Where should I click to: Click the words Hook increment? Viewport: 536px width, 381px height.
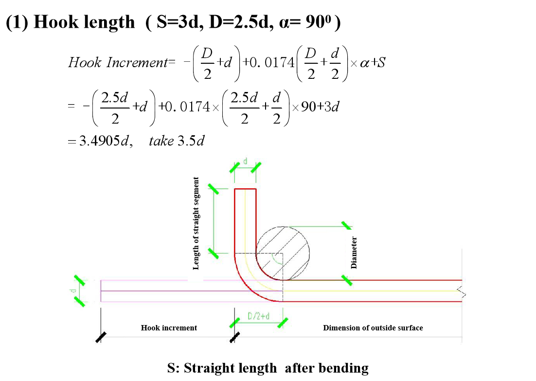coord(169,328)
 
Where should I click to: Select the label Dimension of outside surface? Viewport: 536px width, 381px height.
coord(373,328)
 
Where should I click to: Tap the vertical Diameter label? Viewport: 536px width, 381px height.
coord(354,253)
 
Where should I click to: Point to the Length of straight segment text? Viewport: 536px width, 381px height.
coord(196,223)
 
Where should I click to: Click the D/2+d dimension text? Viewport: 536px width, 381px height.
coord(258,316)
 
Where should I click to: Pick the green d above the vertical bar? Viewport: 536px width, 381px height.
coord(245,161)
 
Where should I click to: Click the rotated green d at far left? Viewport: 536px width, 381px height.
coord(73,291)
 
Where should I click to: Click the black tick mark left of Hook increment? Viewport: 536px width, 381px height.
coord(101,337)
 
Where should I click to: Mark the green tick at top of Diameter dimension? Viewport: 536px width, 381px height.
coord(346,225)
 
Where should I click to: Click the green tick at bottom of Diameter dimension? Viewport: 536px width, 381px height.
coord(346,280)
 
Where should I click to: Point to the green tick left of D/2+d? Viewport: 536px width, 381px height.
coord(234,323)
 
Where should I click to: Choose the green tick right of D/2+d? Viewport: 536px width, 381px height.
coord(283,323)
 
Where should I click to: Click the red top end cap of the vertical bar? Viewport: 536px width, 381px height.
coord(245,189)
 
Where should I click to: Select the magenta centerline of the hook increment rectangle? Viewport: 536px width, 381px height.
coord(165,291)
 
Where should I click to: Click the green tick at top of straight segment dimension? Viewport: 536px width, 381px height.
coord(213,188)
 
